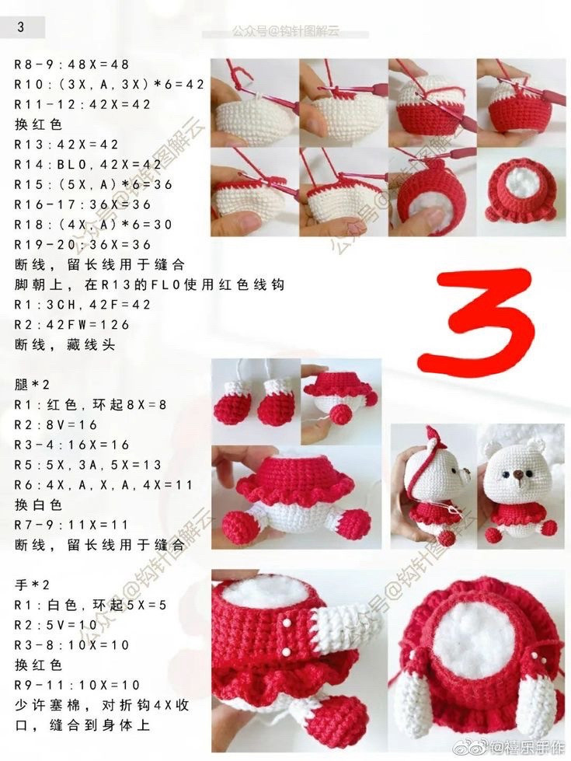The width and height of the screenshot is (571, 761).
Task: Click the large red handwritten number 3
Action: coord(475,320)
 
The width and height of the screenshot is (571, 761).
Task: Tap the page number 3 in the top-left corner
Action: coord(20,27)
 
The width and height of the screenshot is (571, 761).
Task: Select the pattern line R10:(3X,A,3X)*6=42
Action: coord(110,84)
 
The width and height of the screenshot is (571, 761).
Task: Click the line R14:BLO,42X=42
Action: coord(89,165)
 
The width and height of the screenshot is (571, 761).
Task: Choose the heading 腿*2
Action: coord(33,385)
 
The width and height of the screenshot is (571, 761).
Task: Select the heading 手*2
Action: coord(33,585)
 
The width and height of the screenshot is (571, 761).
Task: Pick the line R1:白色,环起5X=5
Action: coord(91,605)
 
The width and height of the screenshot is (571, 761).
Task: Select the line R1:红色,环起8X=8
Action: coord(91,405)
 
